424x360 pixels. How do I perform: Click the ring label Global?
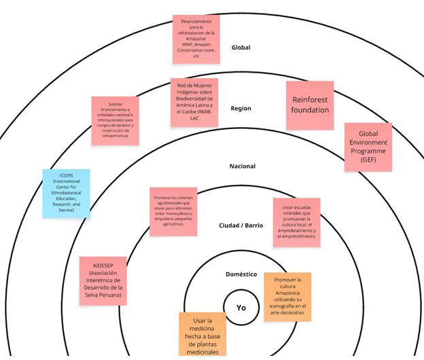(x=241, y=48)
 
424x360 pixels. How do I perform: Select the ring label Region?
(x=241, y=108)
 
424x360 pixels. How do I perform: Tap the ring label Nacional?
(x=241, y=166)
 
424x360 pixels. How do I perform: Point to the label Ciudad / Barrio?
(x=241, y=226)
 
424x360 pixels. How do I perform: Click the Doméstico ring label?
(x=241, y=274)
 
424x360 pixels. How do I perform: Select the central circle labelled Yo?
(x=241, y=307)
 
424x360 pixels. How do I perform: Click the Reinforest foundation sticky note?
(x=310, y=105)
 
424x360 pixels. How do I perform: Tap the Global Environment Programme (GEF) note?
(x=368, y=146)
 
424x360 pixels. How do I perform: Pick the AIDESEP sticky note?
(x=104, y=281)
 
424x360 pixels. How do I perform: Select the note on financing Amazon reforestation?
(x=196, y=39)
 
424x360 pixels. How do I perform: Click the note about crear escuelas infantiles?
(x=296, y=222)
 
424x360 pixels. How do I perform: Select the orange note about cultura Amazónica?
(x=287, y=297)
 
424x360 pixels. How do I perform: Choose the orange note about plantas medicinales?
(x=203, y=335)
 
